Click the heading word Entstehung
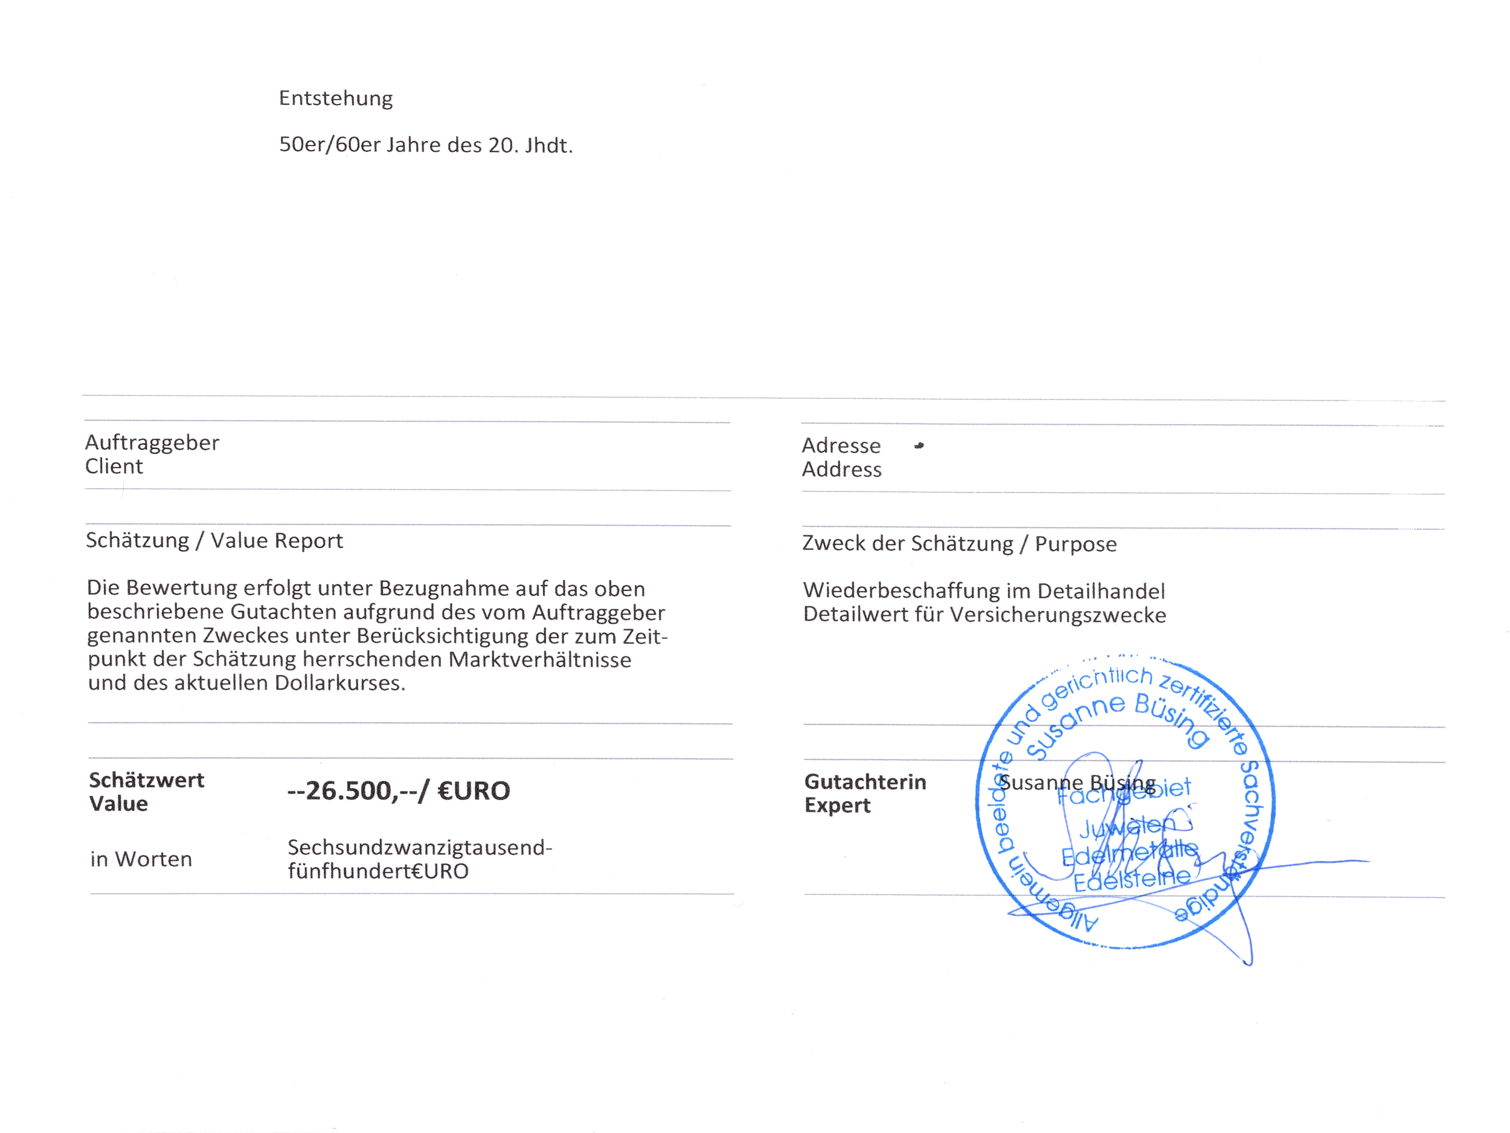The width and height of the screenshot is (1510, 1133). coord(335,98)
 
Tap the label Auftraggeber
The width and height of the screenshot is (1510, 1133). coord(152,442)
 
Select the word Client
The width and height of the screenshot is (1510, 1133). coord(114,466)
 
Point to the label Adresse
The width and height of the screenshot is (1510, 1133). coord(840,445)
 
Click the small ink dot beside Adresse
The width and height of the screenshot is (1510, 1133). coord(919,446)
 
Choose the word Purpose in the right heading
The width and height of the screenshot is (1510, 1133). coord(1075,544)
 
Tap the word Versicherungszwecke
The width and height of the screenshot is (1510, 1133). coord(1058,615)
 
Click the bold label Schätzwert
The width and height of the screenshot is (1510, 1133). coord(146,780)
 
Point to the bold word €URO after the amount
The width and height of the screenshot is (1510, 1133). coord(473,791)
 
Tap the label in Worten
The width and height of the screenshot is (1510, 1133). coord(141,859)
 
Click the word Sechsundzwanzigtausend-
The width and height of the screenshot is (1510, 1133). coord(419,848)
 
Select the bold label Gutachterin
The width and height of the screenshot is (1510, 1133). coord(865,782)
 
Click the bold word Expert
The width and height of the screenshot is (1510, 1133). coord(837,806)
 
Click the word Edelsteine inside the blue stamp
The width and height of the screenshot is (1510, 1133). coord(1131,880)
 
